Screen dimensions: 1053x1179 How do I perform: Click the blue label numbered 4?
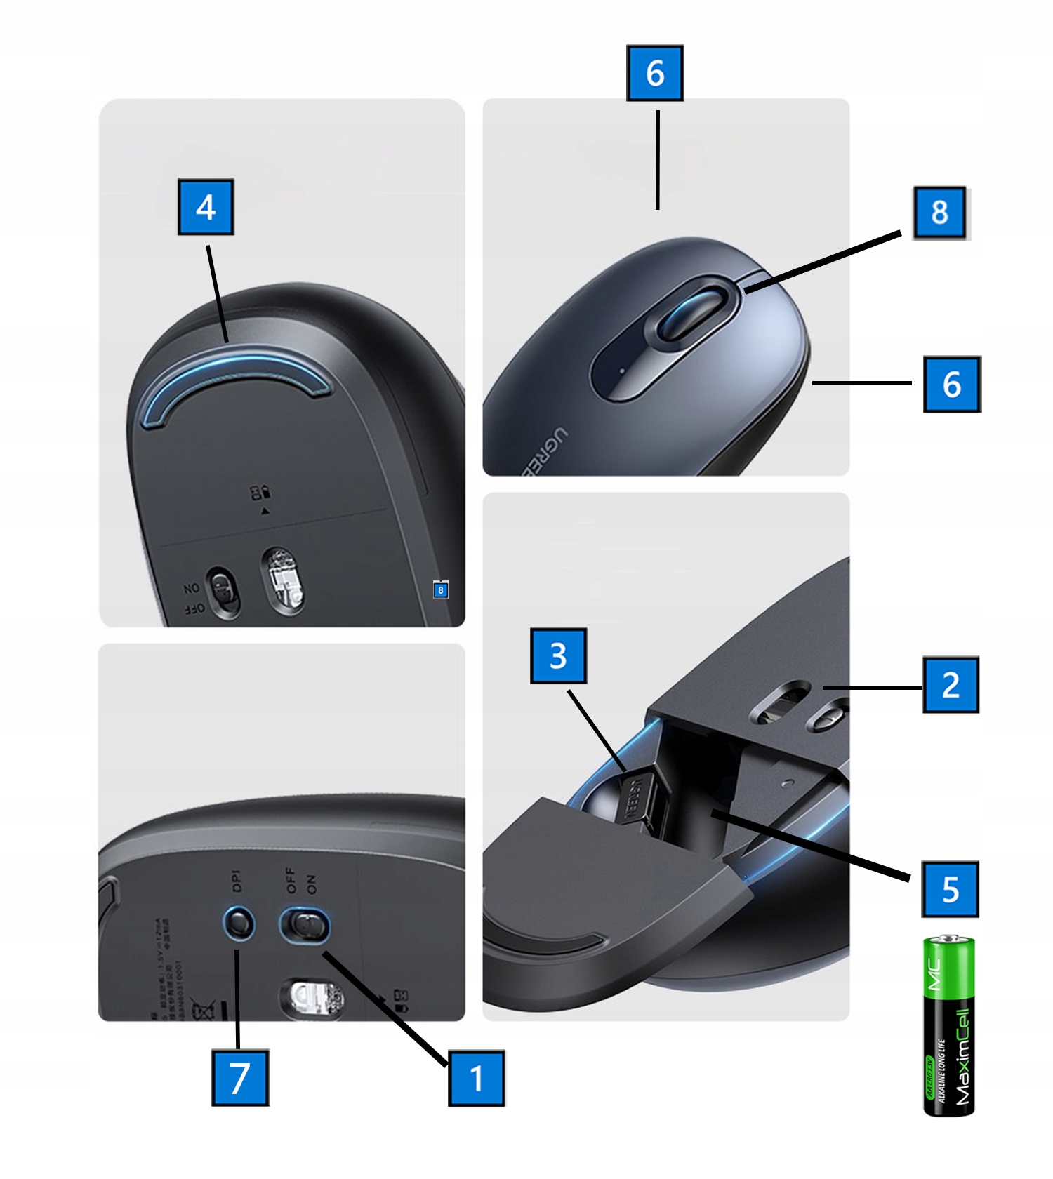point(206,207)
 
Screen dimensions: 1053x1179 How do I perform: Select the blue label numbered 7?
point(240,1077)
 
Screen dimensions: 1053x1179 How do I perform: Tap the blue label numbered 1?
point(477,1078)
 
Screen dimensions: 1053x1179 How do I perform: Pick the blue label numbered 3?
point(558,655)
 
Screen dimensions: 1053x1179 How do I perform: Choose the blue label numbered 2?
point(951,685)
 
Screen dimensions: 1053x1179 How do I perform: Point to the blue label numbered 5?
point(951,889)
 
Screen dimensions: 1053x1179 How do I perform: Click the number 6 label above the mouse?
point(654,73)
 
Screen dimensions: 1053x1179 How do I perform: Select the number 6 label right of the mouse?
point(952,384)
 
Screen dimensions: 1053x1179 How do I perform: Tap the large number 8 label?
point(940,213)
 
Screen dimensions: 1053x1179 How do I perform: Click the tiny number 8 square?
point(440,589)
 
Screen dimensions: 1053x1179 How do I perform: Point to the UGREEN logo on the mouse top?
point(543,450)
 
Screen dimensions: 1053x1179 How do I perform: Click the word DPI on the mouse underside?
point(236,881)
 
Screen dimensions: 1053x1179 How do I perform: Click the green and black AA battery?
point(949,1025)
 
